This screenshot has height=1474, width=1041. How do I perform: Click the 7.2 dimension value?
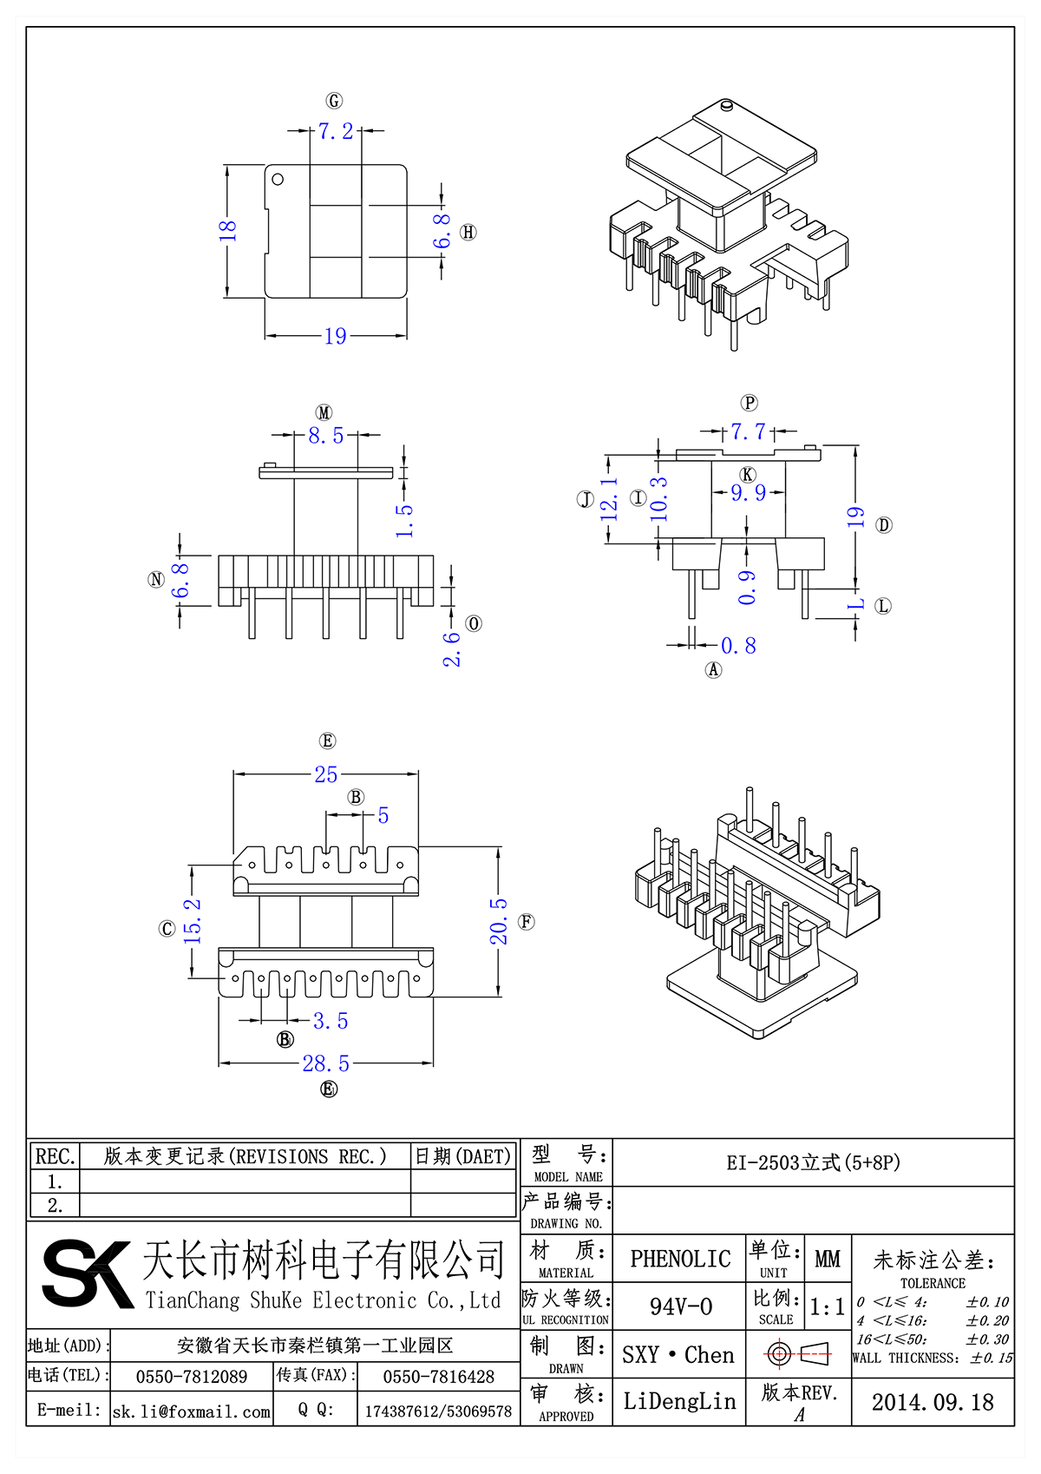tap(336, 131)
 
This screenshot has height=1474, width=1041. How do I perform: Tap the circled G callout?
tap(334, 101)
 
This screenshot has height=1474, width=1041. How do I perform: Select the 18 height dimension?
tap(227, 231)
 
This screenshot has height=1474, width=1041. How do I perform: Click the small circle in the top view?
tap(278, 180)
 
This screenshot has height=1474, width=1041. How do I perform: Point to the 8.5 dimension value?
tap(326, 435)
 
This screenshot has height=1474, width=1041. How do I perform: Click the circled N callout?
tap(156, 579)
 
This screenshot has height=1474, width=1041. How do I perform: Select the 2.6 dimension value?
tap(452, 648)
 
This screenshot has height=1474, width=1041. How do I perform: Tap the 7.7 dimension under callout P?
tap(748, 431)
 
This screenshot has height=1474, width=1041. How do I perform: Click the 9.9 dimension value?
tap(748, 492)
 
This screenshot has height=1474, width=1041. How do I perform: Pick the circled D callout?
tap(884, 524)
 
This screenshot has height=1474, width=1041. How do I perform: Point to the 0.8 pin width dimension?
tap(738, 646)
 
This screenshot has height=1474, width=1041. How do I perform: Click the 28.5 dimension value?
tap(326, 1063)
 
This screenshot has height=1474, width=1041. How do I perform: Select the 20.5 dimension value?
tap(499, 921)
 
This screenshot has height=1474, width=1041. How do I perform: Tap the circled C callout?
tap(167, 929)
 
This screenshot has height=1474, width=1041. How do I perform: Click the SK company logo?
tap(87, 1273)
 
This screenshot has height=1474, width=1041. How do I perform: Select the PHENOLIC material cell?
tap(680, 1259)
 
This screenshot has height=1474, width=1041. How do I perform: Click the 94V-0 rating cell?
tap(680, 1306)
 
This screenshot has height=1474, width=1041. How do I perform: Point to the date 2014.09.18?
tap(933, 1402)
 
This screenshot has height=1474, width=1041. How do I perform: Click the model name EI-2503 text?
tap(813, 1162)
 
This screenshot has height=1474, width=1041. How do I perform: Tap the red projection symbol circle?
tap(778, 1353)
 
